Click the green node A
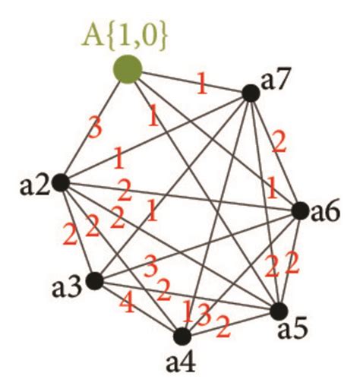coord(128,69)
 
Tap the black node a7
coord(251,93)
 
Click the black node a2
coord(61,182)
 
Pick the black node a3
coord(95,280)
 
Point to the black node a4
coord(182,337)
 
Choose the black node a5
coord(279,311)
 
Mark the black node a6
coord(301,211)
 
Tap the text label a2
coord(35,186)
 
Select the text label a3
coord(68,288)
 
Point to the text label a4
coord(181,362)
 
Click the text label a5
coord(293,330)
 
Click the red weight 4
coord(127,303)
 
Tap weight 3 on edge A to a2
coord(95,127)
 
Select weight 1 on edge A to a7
coord(202,84)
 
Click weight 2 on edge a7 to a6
coord(279,143)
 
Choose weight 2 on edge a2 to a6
coord(125,190)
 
